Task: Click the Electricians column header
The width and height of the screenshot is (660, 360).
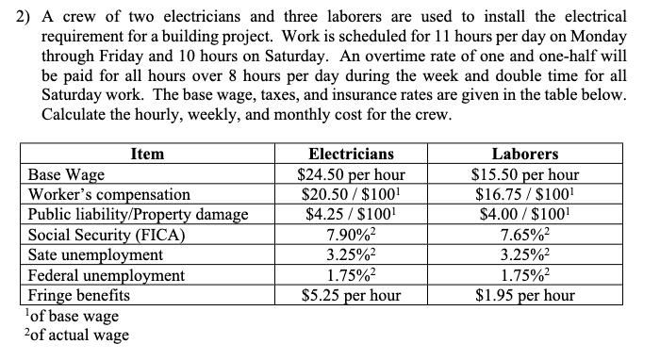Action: point(352,154)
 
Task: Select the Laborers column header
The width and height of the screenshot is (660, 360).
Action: point(525,154)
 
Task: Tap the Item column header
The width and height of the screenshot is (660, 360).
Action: point(147,154)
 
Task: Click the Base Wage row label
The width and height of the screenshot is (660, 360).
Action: point(67,174)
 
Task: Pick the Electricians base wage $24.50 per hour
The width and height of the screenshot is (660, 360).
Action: point(352,174)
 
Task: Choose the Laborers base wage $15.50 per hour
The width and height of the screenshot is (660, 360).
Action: point(525,174)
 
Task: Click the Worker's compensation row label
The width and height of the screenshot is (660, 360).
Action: point(109,194)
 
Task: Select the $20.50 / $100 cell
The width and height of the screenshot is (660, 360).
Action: point(352,194)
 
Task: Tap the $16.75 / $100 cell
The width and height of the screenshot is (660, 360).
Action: point(525,194)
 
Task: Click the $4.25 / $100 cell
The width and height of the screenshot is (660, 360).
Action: point(352,215)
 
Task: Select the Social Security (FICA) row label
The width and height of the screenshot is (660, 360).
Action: point(107,235)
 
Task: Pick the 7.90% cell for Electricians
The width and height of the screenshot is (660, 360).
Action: point(352,235)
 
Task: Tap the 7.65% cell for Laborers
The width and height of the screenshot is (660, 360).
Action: point(525,235)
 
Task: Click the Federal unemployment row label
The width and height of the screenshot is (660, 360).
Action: point(107,275)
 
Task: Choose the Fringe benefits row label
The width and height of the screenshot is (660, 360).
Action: point(80,295)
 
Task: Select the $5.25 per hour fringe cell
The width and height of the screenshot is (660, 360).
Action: point(352,295)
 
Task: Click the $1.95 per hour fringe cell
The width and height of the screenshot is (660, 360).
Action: point(525,295)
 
